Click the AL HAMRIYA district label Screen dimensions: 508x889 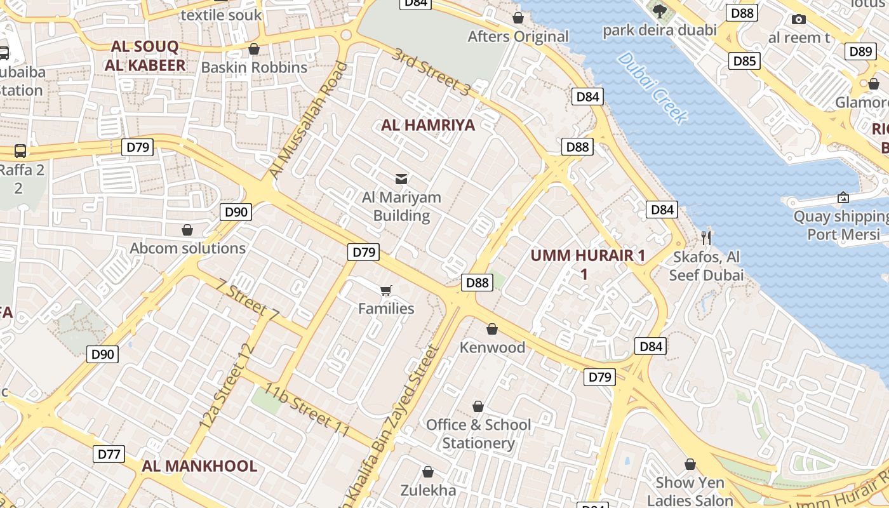click(428, 124)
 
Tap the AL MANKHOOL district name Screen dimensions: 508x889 click(199, 466)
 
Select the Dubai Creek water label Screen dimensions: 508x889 click(652, 88)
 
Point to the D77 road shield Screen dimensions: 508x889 click(109, 454)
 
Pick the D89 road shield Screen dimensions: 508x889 click(860, 51)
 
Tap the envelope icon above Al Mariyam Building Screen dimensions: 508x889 click(401, 178)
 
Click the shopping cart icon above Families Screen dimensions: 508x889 click(385, 291)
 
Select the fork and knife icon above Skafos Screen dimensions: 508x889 click(705, 238)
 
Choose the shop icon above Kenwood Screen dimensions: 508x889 click(491, 329)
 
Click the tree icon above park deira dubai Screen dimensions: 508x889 click(659, 11)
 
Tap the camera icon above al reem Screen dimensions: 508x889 click(799, 19)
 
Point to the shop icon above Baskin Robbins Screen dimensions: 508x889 click(254, 49)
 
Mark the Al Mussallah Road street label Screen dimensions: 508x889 click(308, 120)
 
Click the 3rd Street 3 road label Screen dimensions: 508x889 click(431, 72)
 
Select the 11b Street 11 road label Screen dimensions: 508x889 click(307, 410)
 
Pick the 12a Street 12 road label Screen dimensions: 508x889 click(227, 385)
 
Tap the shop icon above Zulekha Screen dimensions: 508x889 click(428, 472)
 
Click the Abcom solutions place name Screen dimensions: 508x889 click(188, 248)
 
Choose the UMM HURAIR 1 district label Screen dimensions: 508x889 click(587, 256)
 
